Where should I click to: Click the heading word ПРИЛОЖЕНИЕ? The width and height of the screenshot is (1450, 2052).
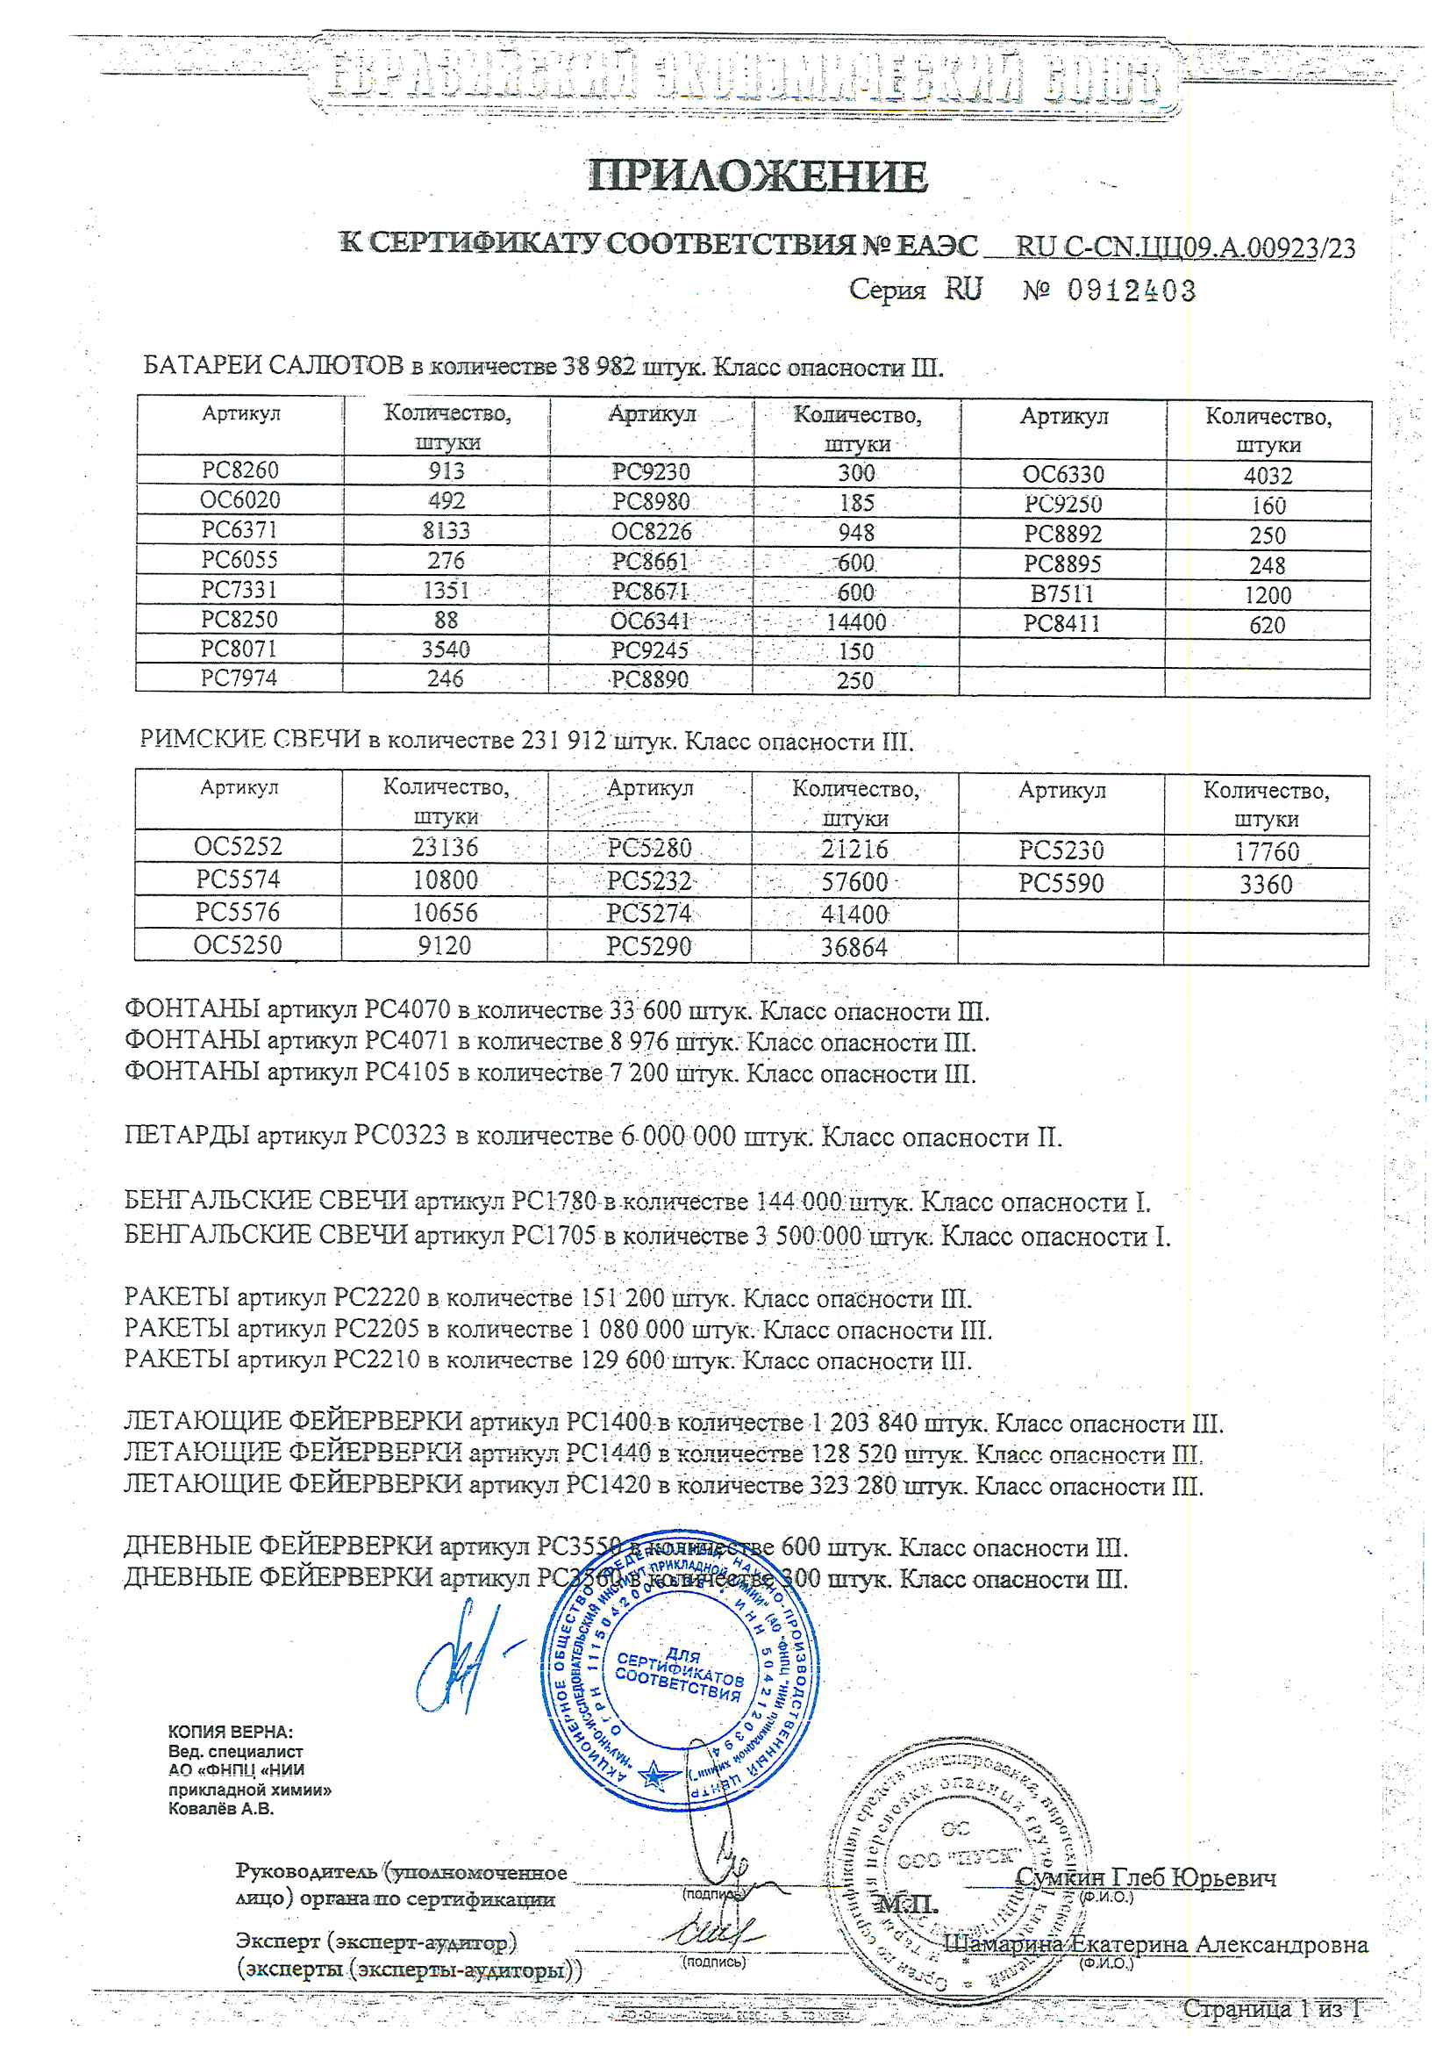[x=758, y=176]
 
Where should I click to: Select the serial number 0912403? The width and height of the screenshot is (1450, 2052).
[x=1131, y=291]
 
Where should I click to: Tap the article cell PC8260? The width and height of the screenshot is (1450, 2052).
[x=239, y=470]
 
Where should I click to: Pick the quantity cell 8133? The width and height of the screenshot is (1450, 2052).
[x=446, y=531]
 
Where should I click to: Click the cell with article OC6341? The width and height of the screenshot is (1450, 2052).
[x=650, y=621]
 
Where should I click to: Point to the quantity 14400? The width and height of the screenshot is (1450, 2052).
[x=856, y=622]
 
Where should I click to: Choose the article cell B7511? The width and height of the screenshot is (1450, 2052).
[x=1062, y=594]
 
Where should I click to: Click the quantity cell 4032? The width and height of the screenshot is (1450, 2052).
[x=1268, y=476]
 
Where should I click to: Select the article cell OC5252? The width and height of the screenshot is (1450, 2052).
[x=238, y=846]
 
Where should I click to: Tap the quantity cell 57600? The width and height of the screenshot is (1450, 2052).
[x=855, y=883]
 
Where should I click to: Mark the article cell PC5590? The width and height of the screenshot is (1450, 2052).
[x=1061, y=884]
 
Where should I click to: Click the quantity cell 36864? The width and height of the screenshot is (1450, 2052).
[x=854, y=947]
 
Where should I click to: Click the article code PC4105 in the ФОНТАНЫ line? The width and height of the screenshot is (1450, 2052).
[x=407, y=1073]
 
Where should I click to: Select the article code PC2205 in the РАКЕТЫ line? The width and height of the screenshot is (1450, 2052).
[x=376, y=1330]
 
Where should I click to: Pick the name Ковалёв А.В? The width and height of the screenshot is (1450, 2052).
[x=222, y=1809]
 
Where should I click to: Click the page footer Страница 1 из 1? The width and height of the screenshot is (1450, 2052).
[x=1272, y=2009]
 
